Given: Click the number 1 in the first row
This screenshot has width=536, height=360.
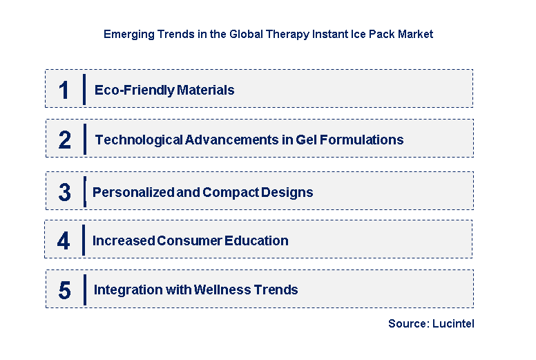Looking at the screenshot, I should (64, 90).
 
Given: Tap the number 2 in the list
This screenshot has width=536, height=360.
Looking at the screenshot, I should (65, 140).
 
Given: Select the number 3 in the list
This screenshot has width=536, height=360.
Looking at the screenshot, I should (65, 193).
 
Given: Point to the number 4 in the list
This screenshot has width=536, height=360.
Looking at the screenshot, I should (64, 240).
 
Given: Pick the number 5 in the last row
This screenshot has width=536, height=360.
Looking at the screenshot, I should (64, 290).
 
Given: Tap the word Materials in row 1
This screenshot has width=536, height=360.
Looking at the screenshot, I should (206, 90).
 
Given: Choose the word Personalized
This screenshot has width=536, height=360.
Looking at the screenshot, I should (133, 192).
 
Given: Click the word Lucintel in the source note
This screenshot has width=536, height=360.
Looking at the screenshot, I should (454, 323).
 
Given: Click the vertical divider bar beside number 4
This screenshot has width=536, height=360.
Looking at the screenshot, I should (84, 240).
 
